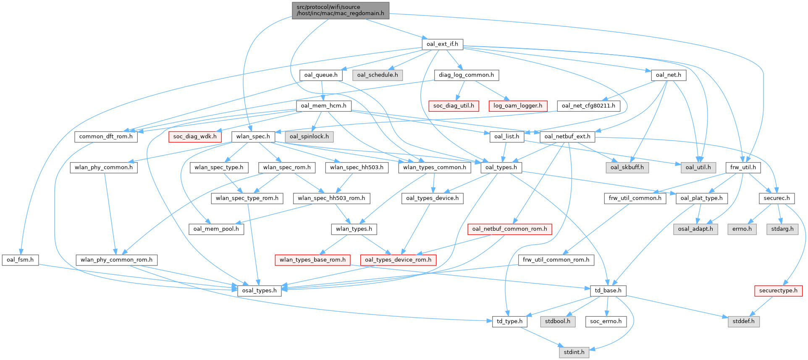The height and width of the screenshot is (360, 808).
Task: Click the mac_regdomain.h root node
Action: point(341,10)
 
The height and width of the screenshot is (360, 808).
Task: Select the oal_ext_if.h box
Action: point(442,44)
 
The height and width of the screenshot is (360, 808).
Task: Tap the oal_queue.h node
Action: point(321,75)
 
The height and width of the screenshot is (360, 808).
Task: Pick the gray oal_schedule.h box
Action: point(378,75)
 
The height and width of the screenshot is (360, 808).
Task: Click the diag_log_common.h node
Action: point(466,75)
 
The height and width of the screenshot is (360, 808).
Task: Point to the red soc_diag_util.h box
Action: point(454,106)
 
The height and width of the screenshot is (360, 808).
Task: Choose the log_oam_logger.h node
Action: point(518,106)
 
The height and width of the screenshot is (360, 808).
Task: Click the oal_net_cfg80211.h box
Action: point(588,106)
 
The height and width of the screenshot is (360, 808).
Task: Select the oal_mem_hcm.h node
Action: point(323,106)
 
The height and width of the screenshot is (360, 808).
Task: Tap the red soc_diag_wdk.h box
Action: point(195,137)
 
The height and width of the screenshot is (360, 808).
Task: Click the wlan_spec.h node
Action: point(253,137)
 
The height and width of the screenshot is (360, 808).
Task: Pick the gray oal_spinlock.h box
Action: point(309,137)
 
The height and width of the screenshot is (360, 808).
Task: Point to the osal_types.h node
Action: point(259,291)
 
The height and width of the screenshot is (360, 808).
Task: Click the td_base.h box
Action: point(608,291)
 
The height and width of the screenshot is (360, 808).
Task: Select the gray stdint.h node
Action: point(574,352)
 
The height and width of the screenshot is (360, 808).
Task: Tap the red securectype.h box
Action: point(778,291)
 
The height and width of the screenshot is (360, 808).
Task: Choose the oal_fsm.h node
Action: point(20,260)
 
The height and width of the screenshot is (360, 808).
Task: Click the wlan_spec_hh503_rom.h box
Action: point(331,198)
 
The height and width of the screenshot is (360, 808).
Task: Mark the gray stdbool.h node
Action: point(558,321)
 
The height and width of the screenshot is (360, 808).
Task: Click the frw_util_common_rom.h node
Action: point(556,260)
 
